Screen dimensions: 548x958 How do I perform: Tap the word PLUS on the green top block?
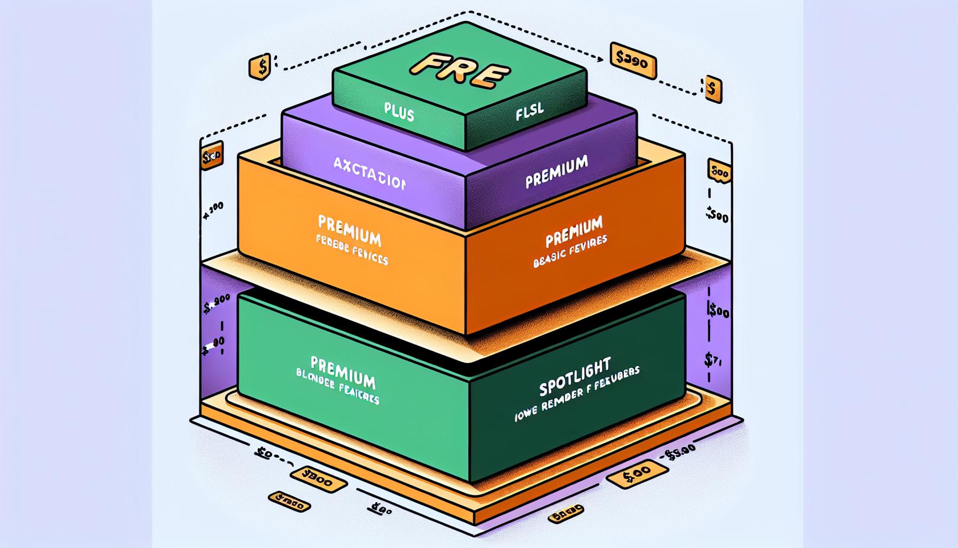(x=399, y=112)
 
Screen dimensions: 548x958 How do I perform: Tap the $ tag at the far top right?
(x=712, y=88)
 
